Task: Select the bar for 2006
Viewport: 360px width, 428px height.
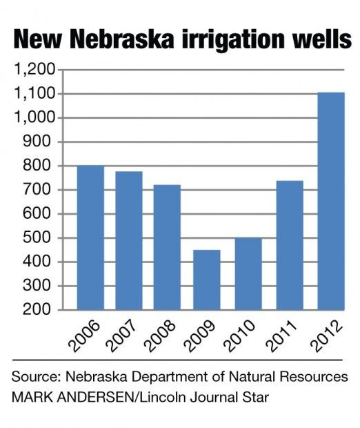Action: (90, 237)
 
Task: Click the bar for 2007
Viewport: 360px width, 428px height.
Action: (128, 241)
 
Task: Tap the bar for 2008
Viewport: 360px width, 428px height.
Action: (167, 247)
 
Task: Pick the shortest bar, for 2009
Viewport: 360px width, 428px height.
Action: (206, 280)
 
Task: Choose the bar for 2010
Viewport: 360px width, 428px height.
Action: (244, 273)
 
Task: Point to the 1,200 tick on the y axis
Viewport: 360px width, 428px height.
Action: (35, 70)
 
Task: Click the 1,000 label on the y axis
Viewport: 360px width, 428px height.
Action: (35, 118)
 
